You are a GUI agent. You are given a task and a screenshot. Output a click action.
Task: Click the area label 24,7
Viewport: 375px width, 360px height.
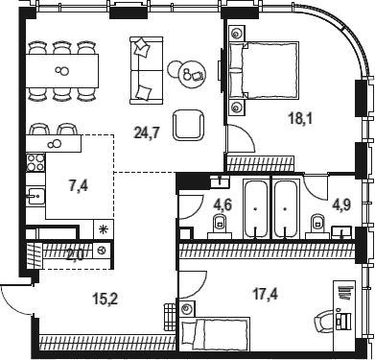coord(147,132)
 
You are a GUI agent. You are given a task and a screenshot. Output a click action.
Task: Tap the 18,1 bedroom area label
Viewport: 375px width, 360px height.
coord(300,119)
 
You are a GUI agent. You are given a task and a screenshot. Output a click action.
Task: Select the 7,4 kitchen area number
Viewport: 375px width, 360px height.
coord(79,186)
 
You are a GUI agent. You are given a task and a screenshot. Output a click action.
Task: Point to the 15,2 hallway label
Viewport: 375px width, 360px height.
coord(105,300)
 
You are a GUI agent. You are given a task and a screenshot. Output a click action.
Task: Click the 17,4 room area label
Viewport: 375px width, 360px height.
coord(266,294)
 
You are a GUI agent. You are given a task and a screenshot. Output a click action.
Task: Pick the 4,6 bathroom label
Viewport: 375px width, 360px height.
coord(223,204)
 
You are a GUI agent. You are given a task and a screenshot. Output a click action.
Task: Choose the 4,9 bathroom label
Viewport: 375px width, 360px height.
coord(341,205)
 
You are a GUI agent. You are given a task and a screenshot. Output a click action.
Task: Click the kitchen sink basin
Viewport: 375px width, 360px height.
coord(35,196)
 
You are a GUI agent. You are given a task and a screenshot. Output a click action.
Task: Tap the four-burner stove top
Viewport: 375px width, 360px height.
coord(35,162)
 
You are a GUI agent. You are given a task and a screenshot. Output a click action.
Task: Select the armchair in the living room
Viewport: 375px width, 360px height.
coord(188,125)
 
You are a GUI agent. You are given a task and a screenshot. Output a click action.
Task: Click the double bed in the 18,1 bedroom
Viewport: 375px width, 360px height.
coord(264,70)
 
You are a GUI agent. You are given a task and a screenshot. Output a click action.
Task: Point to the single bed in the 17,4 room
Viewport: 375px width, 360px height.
coord(215,334)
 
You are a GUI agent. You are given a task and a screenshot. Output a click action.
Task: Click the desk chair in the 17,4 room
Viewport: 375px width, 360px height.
coord(323,321)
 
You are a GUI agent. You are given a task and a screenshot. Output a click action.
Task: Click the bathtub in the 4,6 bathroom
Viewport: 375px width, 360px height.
coord(256,209)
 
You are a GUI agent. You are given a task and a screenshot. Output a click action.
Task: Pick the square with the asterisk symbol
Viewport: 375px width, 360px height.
coord(104,228)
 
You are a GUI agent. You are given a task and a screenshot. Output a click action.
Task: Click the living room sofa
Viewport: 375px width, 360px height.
coord(147,70)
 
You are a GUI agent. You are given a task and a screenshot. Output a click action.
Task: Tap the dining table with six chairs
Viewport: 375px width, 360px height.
coord(61,70)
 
